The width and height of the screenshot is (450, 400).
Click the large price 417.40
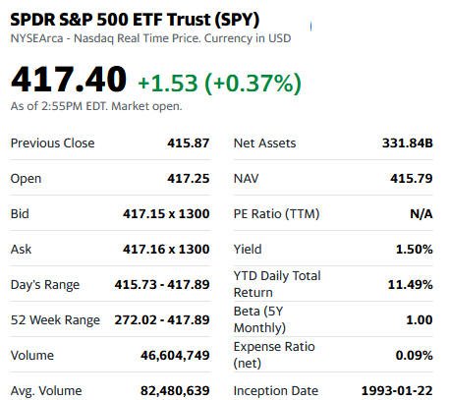69,80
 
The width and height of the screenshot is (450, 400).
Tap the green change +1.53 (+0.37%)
219,83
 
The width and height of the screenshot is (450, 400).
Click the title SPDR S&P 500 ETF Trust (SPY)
135,20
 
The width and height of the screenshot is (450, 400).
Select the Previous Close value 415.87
189,143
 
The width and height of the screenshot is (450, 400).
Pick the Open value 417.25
189,179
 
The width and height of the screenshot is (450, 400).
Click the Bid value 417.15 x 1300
166,214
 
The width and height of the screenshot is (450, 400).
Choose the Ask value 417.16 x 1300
166,250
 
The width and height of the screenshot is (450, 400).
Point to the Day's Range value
162,284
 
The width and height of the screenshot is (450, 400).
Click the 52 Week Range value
162,319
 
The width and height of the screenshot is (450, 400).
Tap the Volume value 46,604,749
175,356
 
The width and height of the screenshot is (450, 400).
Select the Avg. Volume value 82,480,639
175,391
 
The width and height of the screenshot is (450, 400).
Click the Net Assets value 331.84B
408,143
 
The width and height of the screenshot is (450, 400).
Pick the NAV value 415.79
412,179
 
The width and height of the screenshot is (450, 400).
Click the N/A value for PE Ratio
422,214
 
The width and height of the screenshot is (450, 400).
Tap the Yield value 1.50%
415,250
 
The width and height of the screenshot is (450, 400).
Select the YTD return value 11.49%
411,284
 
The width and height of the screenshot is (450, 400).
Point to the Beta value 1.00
420,319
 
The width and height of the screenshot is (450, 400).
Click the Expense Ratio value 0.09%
415,356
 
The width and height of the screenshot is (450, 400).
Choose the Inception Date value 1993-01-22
397,391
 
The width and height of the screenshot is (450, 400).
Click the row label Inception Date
276,391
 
